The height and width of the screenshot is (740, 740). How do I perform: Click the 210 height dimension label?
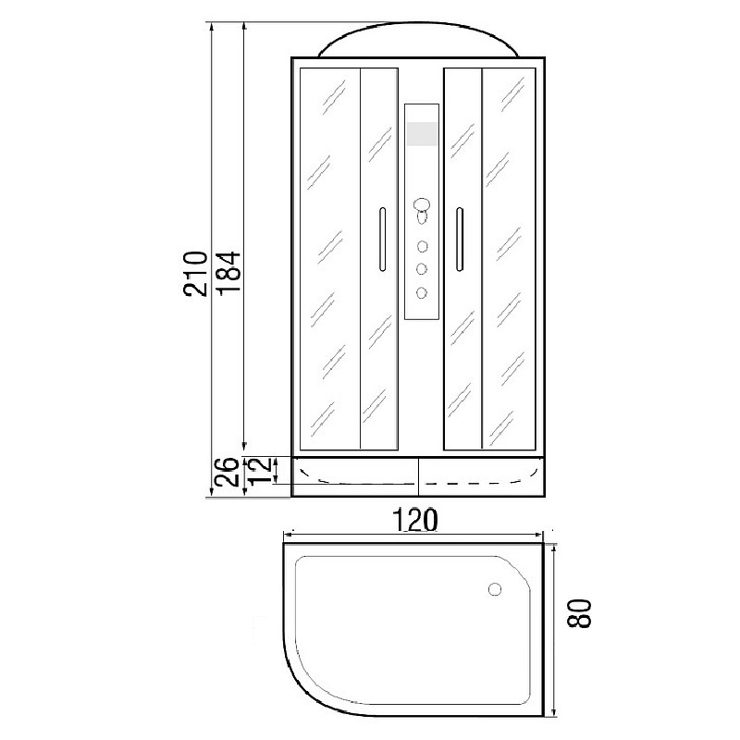195,274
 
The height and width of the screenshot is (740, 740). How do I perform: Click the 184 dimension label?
229,274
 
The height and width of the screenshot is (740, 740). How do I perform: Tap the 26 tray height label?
226,472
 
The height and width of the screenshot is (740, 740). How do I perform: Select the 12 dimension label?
262,471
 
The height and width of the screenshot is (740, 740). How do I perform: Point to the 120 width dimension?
414,520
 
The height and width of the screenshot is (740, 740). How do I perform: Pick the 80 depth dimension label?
579,613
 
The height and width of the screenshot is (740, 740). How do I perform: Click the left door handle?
382,240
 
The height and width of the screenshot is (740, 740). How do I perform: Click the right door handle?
459,240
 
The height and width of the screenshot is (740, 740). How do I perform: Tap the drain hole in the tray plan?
495,589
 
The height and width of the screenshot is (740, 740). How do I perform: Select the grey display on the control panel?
422,133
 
